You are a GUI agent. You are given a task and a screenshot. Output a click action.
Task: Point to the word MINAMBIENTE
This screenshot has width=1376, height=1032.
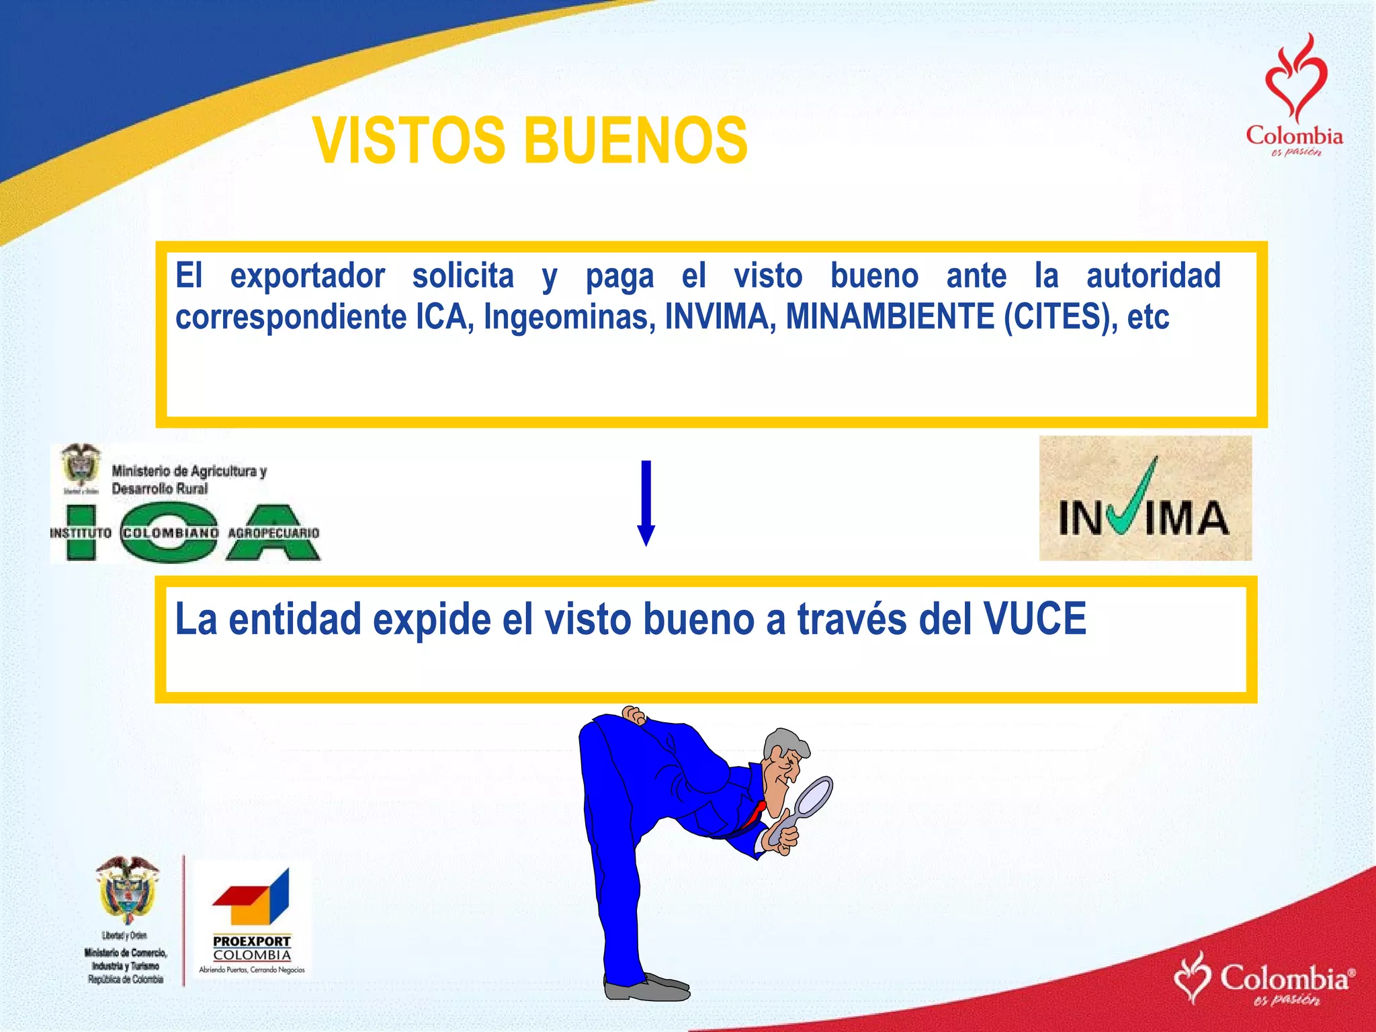tap(890, 317)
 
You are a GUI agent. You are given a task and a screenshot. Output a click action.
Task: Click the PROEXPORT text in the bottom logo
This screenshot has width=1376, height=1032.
tap(252, 941)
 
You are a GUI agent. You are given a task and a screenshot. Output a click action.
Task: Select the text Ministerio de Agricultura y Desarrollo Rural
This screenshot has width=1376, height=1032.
tap(189, 480)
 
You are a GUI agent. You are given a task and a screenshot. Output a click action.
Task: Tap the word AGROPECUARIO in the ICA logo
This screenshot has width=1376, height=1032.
tap(273, 533)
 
